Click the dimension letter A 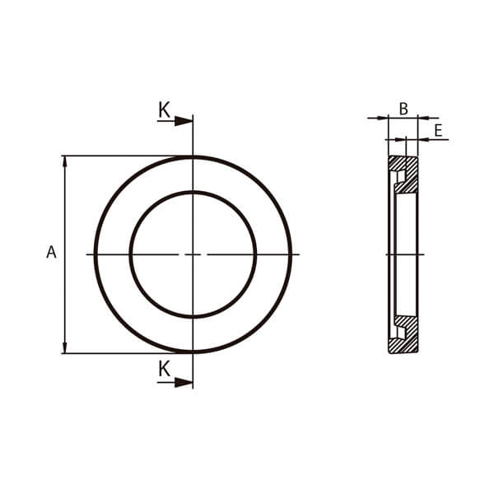click(51, 252)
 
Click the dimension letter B click(403, 109)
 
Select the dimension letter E click(438, 130)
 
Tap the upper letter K click(164, 110)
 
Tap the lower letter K click(164, 369)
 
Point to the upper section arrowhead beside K click(184, 121)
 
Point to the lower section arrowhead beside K click(184, 383)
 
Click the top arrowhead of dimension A click(65, 161)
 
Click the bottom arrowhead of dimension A click(65, 348)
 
